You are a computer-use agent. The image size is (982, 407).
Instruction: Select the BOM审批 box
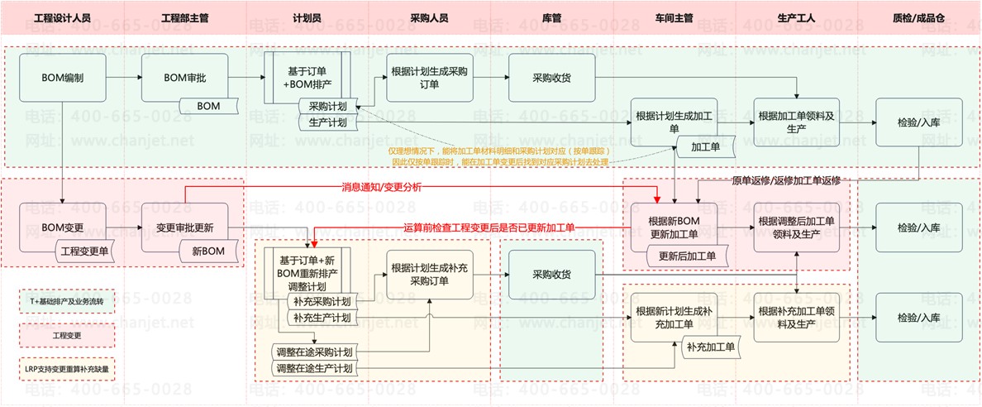coord(184,78)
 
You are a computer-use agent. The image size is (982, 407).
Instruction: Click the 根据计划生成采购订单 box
coord(430,78)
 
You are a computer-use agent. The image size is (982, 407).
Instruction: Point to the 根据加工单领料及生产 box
coord(796,122)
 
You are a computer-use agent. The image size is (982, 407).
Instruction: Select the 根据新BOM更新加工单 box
coord(674,226)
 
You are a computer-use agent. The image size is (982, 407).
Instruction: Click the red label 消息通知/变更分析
coord(381,188)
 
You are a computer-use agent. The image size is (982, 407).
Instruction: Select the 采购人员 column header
coord(430,17)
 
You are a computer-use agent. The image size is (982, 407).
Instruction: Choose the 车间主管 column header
coord(674,17)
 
